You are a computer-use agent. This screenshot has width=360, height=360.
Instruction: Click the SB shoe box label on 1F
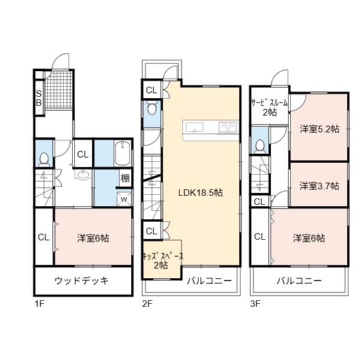(x=39, y=98)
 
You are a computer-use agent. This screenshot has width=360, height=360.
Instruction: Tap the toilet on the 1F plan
(x=44, y=160)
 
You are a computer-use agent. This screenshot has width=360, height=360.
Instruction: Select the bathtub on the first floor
(x=122, y=153)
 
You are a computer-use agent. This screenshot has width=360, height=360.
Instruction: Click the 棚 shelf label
(x=125, y=178)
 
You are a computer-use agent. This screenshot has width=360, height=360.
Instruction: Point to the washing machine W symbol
(x=124, y=199)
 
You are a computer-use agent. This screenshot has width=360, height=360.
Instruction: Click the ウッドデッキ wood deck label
(x=82, y=281)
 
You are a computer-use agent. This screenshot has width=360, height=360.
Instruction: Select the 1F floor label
(x=39, y=304)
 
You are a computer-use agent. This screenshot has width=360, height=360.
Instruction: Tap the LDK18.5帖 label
(x=200, y=193)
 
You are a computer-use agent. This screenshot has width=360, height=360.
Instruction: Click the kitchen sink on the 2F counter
(x=194, y=127)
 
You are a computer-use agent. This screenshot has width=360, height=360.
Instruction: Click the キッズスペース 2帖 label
(x=163, y=261)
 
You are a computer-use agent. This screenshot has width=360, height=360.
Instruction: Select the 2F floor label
(x=147, y=304)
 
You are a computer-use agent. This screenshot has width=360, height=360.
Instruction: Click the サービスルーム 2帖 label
(x=269, y=107)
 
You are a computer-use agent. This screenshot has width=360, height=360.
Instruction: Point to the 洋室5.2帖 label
(x=319, y=129)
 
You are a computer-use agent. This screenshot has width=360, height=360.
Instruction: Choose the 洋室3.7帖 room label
(x=319, y=186)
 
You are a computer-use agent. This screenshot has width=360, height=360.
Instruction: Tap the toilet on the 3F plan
(x=260, y=146)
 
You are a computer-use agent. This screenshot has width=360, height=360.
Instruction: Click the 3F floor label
(x=255, y=304)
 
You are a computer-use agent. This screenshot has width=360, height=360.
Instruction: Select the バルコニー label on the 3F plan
(x=299, y=281)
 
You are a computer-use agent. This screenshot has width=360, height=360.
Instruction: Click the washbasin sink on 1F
(x=83, y=175)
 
